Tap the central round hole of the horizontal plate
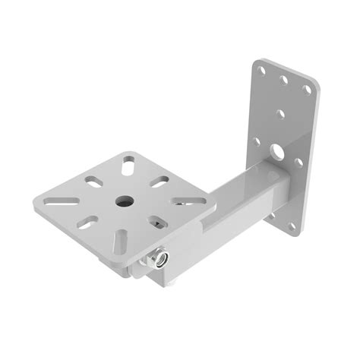pyautogui.click(x=122, y=201)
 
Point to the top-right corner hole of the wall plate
pyautogui.click(x=306, y=89)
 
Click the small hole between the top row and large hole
pyautogui.click(x=281, y=114)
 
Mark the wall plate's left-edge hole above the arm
pyautogui.click(x=256, y=142)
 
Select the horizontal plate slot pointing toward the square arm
pyautogui.click(x=179, y=204)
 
